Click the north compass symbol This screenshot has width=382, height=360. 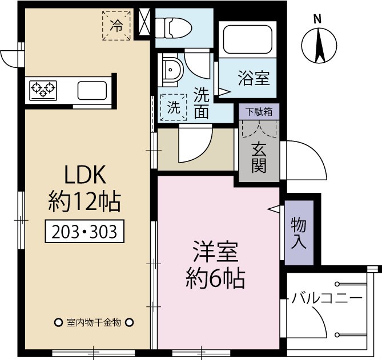click(319, 43)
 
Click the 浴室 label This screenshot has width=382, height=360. click(254, 78)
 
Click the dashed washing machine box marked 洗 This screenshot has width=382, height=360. click(173, 106)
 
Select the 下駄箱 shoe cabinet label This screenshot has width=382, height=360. click(259, 111)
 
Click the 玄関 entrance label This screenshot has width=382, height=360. click(259, 158)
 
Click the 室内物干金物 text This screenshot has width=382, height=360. click(94, 323)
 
